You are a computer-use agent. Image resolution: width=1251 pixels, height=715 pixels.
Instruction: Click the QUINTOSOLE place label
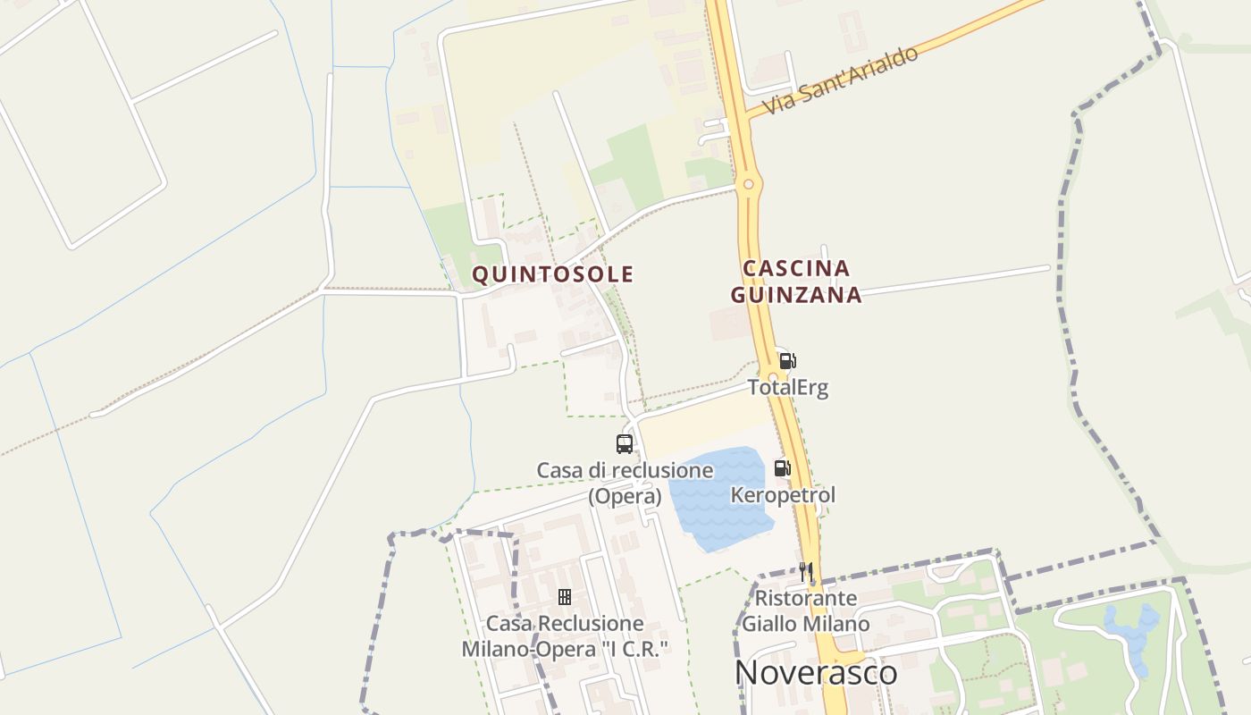(x=552, y=274)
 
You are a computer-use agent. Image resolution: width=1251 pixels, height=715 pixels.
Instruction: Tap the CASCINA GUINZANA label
(x=796, y=282)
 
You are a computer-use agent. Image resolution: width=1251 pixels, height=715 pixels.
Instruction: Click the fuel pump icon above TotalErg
(x=787, y=361)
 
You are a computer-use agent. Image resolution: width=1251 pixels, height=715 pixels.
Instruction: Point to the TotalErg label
(x=788, y=388)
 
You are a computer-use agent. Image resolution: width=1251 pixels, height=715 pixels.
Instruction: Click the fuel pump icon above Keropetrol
(x=782, y=468)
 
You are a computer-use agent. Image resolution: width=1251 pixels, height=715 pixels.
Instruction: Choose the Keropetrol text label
(x=783, y=495)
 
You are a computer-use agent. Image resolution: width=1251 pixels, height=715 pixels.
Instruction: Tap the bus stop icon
(x=625, y=443)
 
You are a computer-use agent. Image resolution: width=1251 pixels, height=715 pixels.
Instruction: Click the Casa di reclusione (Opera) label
(x=625, y=483)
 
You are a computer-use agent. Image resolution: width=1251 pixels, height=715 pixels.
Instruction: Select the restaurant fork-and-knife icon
(x=806, y=572)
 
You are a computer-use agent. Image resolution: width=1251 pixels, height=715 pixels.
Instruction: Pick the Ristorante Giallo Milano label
(x=806, y=610)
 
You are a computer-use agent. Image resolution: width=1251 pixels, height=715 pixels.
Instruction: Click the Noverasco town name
(x=816, y=673)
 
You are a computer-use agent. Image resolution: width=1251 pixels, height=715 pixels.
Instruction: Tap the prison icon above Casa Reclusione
(x=565, y=597)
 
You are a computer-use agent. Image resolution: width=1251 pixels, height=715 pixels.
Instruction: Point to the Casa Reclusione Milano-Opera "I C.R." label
(x=565, y=636)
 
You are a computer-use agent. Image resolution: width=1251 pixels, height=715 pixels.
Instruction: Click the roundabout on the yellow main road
(x=749, y=185)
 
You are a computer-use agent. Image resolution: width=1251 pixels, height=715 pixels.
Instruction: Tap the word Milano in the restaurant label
(x=837, y=624)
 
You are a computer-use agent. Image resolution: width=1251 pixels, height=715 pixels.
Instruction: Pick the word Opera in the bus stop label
(x=625, y=496)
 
